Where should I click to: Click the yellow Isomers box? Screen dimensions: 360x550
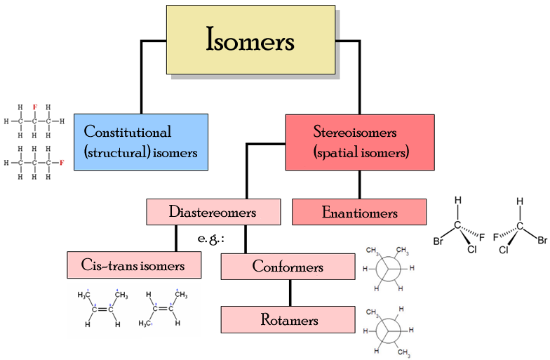pyautogui.click(x=250, y=40)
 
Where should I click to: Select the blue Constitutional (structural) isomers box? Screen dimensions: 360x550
pyautogui.click(x=141, y=142)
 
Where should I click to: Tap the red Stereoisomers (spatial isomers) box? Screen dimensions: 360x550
pyautogui.click(x=359, y=142)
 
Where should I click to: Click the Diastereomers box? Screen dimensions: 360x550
pyautogui.click(x=212, y=212)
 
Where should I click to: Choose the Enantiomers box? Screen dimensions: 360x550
pyautogui.click(x=359, y=213)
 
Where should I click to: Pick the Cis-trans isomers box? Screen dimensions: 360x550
pyautogui.click(x=134, y=265)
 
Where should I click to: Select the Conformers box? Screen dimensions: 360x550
pyautogui.click(x=288, y=267)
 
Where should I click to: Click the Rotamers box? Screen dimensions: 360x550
pyautogui.click(x=288, y=320)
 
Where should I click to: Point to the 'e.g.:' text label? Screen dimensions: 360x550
pyautogui.click(x=210, y=239)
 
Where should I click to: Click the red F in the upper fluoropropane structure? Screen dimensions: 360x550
pyautogui.click(x=34, y=107)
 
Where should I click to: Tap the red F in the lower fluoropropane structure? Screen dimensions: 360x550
pyautogui.click(x=62, y=163)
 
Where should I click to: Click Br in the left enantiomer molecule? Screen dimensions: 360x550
pyautogui.click(x=438, y=241)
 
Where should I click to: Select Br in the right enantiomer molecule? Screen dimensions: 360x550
pyautogui.click(x=542, y=241)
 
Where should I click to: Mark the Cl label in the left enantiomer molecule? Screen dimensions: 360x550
pyautogui.click(x=471, y=249)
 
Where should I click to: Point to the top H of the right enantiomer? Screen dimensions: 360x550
pyautogui.click(x=520, y=201)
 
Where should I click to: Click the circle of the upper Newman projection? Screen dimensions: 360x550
pyautogui.click(x=388, y=269)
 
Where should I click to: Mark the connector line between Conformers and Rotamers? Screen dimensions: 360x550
pyautogui.click(x=289, y=293)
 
